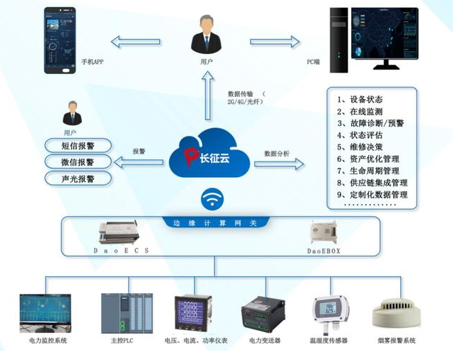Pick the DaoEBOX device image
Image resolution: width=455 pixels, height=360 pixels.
click(x=324, y=231)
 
